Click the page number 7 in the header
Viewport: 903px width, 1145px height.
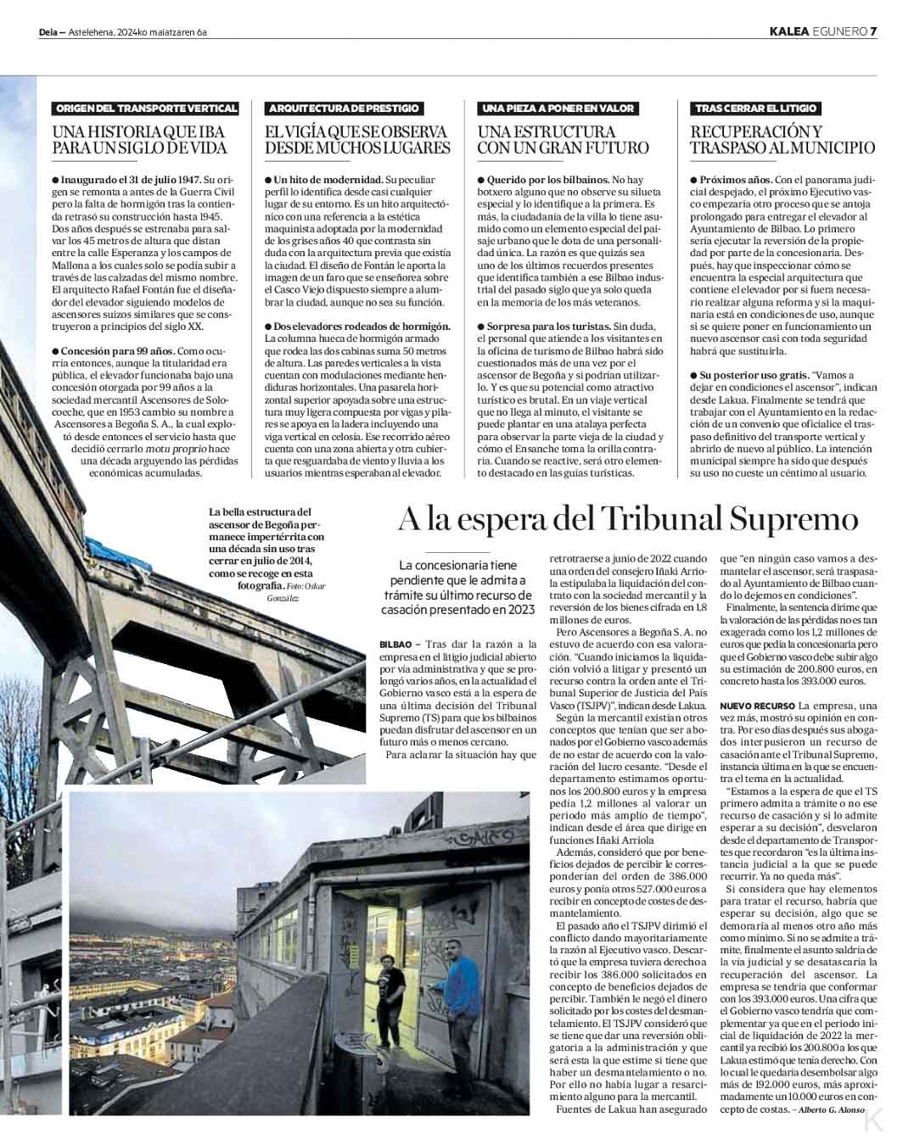click(x=872, y=32)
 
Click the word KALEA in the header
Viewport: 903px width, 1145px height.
click(x=788, y=32)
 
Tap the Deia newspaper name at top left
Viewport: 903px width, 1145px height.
click(x=48, y=33)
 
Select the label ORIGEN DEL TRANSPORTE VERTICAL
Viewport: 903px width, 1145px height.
click(x=145, y=109)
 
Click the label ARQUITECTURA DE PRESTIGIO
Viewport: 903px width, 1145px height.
click(x=343, y=109)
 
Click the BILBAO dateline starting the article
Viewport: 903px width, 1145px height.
click(x=395, y=645)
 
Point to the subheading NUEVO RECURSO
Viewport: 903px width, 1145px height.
click(x=757, y=706)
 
